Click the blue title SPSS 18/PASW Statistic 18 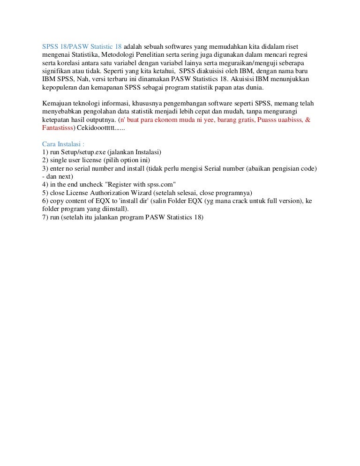point(82,47)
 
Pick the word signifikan point(57,71)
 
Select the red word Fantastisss point(58,128)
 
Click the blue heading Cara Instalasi point(62,144)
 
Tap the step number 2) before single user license point(45,160)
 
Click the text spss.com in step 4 point(158,184)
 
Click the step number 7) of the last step point(45,217)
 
